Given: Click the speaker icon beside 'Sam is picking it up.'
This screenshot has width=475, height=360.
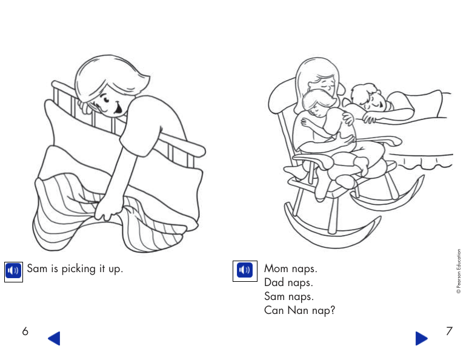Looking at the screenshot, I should click(x=13, y=271).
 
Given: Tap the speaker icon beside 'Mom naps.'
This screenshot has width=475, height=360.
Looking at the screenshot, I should click(x=244, y=270).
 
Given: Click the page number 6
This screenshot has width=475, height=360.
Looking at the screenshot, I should click(x=25, y=331).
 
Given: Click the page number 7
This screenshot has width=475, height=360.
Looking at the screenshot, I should click(x=449, y=331).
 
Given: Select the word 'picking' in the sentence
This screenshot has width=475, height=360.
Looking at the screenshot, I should click(x=81, y=268).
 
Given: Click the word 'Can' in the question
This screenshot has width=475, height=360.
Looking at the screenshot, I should click(x=274, y=310).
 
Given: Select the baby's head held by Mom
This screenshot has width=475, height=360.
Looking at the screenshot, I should click(x=315, y=104).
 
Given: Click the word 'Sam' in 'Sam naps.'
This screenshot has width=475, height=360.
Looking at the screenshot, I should click(x=274, y=296).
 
